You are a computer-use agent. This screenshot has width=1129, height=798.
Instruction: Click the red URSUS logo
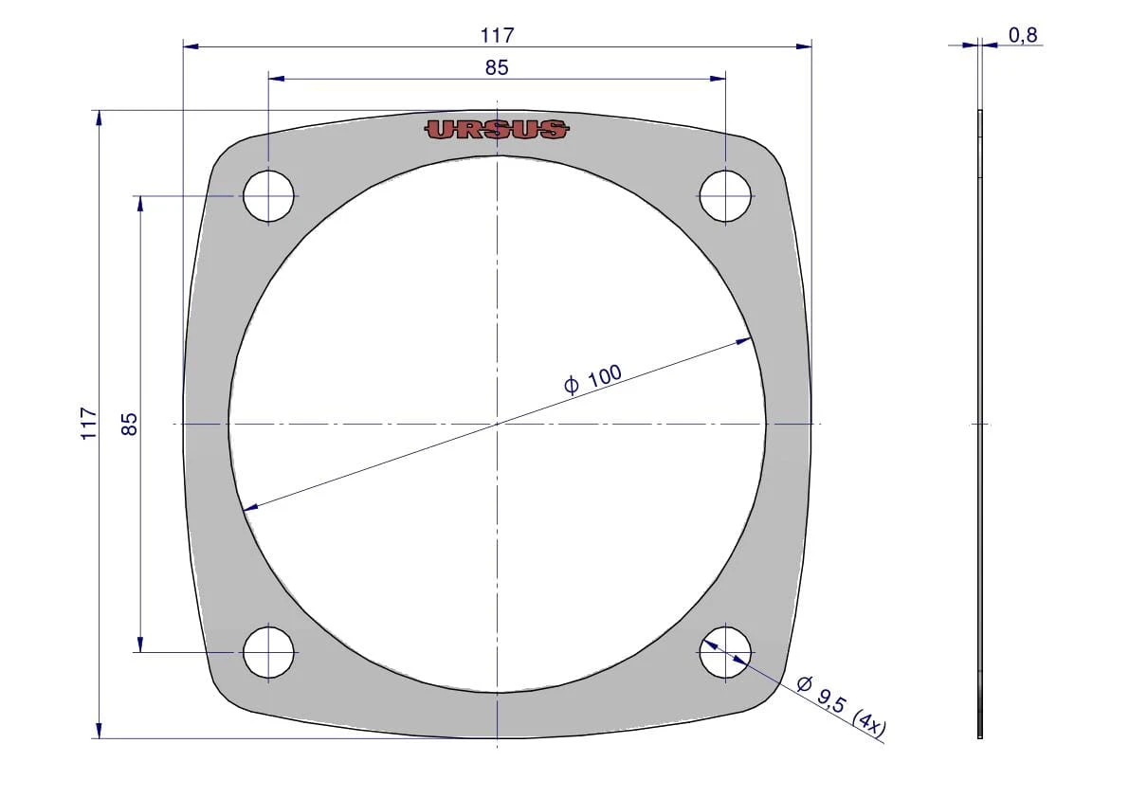coord(496,130)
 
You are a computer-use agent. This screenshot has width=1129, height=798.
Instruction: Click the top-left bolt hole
coord(268,196)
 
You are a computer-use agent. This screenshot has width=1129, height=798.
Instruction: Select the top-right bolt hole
coord(725,196)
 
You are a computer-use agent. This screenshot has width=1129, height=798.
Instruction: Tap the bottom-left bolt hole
coord(268,652)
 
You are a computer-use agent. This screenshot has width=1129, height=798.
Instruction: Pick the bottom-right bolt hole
coord(725,652)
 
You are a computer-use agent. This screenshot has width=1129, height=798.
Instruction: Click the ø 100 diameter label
coord(592,378)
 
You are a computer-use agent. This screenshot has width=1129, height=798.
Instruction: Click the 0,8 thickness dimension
coord(1023,34)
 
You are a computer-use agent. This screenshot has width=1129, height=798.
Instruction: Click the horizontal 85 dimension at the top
coord(497,67)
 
